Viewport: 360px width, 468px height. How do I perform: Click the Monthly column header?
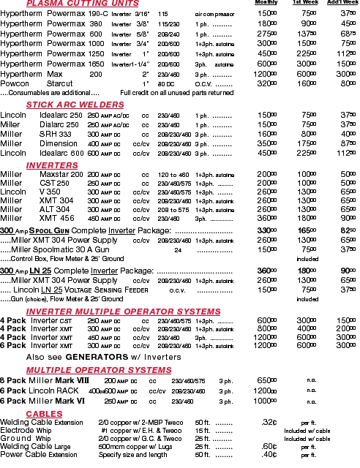pos(266,4)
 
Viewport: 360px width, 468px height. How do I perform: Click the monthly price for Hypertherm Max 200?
pos(267,75)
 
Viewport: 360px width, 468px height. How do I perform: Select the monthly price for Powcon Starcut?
pos(269,83)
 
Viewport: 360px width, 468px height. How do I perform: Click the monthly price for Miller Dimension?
pos(269,144)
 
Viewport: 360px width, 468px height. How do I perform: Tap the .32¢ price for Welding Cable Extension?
pos(269,423)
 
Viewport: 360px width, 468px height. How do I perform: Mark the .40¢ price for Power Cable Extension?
pos(269,455)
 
